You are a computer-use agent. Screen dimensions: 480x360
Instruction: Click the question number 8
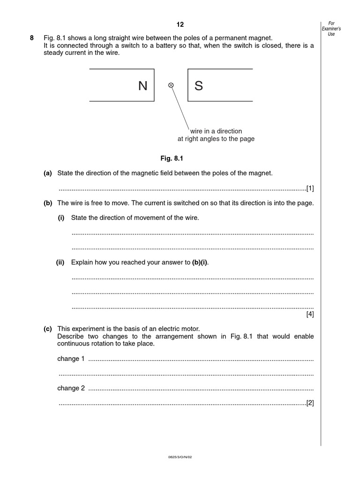coord(32,38)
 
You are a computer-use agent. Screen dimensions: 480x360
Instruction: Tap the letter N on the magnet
coord(142,86)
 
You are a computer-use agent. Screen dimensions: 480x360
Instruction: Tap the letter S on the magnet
coord(199,86)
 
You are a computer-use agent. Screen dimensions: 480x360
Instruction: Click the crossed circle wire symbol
coord(171,85)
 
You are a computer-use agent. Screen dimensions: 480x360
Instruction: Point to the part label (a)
coord(48,173)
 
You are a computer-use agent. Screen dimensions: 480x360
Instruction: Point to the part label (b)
coord(48,203)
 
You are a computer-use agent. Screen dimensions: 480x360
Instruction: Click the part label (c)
coord(48,329)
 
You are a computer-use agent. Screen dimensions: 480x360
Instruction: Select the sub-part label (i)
coord(61,218)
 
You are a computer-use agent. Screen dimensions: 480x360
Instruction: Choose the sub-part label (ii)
coord(60,262)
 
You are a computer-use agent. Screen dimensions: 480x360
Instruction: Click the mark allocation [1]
coord(310,188)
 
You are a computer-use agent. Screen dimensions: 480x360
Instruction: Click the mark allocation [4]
coord(310,315)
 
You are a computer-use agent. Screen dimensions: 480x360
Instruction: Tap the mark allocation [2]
coord(310,403)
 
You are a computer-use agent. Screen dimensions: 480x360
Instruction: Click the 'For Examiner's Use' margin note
coord(331,29)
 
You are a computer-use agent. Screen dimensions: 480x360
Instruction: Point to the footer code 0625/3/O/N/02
coord(180,457)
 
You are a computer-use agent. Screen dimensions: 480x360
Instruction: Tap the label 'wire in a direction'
coord(216,131)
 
